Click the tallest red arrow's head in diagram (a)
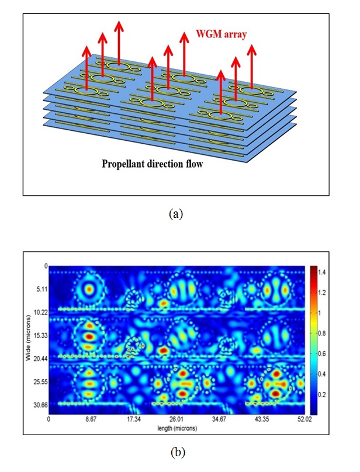[x=119, y=25]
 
